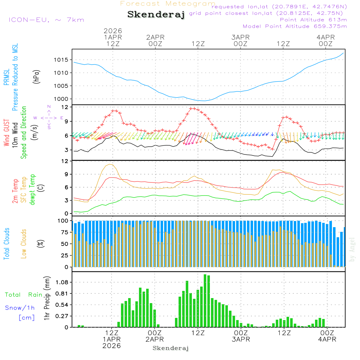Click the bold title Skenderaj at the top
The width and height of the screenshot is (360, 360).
click(156, 15)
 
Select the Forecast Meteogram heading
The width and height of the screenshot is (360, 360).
click(168, 4)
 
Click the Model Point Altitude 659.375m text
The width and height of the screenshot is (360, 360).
click(295, 26)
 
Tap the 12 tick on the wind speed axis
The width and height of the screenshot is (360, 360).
click(65, 107)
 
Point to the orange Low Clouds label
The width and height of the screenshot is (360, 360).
click(24, 243)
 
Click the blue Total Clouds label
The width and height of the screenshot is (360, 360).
click(6, 243)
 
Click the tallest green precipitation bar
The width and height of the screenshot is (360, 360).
click(205, 301)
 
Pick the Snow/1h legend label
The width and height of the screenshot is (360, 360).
click(20, 308)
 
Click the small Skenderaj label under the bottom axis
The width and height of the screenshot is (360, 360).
click(171, 348)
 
